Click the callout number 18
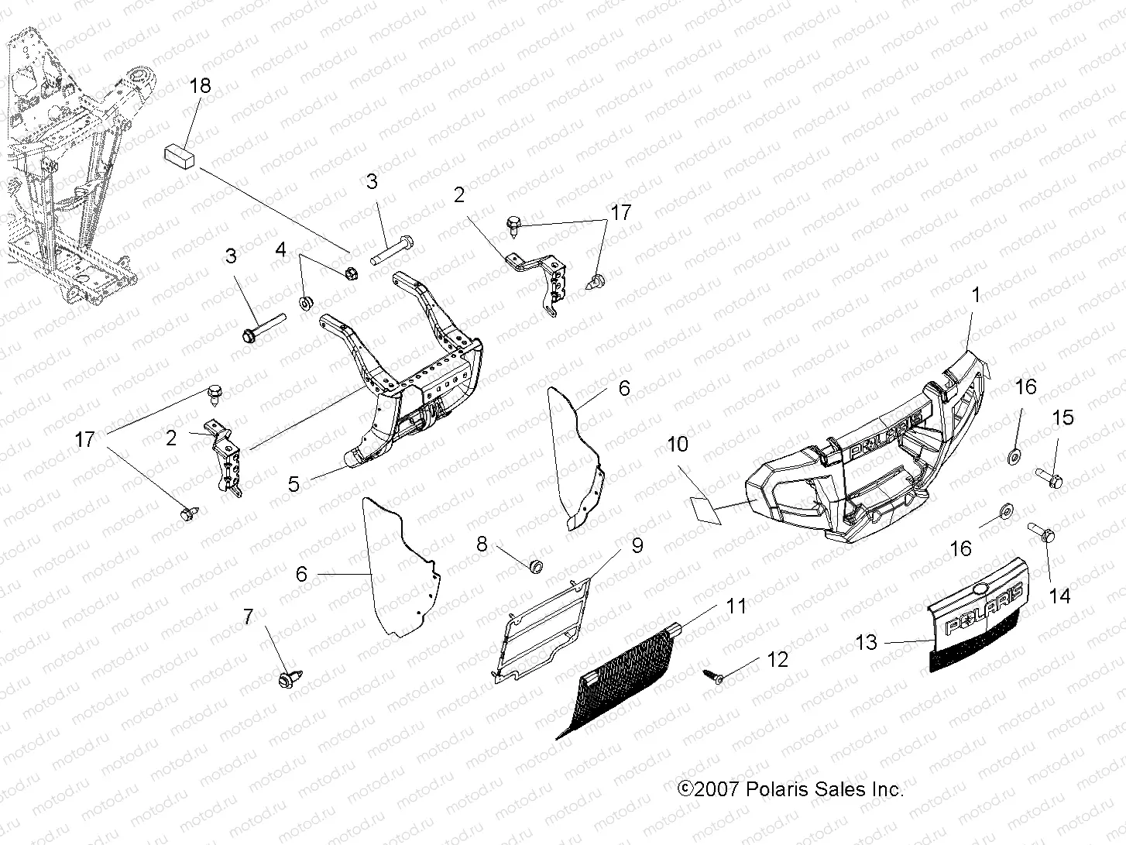click(x=200, y=85)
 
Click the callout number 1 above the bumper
click(x=976, y=294)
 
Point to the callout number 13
click(x=867, y=642)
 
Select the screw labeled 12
click(x=713, y=677)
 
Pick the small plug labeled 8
click(x=533, y=568)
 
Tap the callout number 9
click(x=637, y=545)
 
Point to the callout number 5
click(x=294, y=484)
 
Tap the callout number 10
click(x=677, y=444)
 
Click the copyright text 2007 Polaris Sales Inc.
click(x=790, y=789)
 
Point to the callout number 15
click(x=1063, y=417)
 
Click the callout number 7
click(x=248, y=617)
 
